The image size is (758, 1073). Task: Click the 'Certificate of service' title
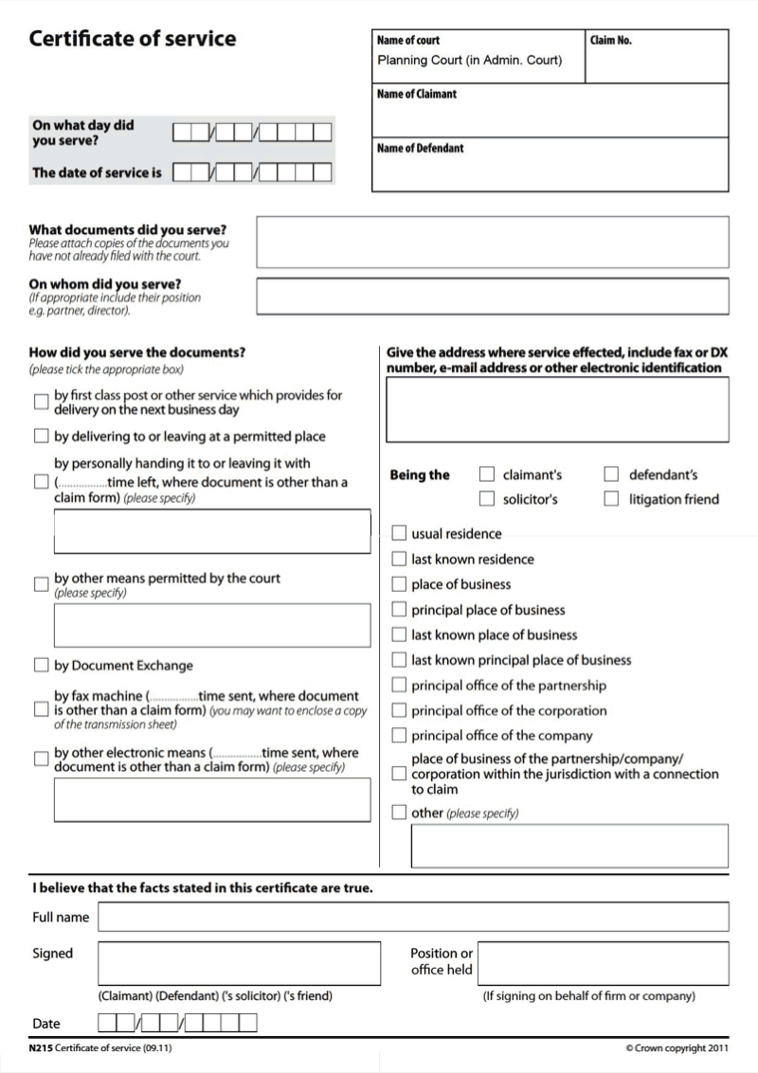click(133, 40)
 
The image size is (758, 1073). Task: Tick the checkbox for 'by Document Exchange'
click(41, 665)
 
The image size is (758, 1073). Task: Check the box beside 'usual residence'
click(399, 533)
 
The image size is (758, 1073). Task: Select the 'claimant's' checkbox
click(487, 474)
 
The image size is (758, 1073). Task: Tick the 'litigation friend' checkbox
click(611, 498)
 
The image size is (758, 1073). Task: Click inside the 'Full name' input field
click(413, 917)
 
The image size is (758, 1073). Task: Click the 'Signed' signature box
click(239, 963)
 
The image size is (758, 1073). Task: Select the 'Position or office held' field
click(604, 963)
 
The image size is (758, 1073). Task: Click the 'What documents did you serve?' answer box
click(493, 242)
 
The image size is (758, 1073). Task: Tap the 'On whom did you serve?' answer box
click(493, 295)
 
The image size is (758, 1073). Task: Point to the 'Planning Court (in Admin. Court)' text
click(470, 61)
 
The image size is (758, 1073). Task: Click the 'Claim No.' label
click(610, 41)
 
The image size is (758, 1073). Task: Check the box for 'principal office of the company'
click(399, 735)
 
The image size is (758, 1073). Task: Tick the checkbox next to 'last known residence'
click(399, 559)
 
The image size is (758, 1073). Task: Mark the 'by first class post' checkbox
click(41, 402)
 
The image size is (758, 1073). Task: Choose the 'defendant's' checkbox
click(611, 474)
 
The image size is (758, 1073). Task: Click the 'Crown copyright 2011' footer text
click(677, 1048)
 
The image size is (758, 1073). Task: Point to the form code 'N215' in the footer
click(41, 1048)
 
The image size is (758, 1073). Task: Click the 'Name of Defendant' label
click(420, 149)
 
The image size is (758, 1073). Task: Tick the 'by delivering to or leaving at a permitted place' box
click(41, 437)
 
